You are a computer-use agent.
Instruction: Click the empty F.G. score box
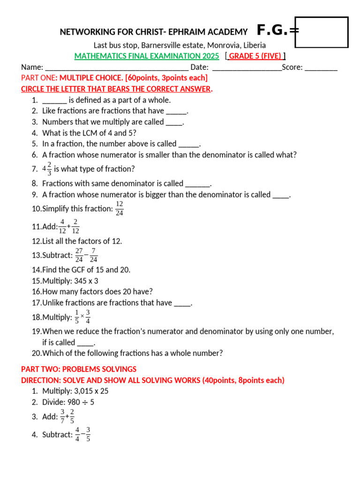pyautogui.click(x=322, y=32)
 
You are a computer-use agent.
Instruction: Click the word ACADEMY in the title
pyautogui.click(x=227, y=32)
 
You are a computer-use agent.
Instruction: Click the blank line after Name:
pyautogui.click(x=117, y=67)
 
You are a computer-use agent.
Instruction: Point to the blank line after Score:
pyautogui.click(x=321, y=67)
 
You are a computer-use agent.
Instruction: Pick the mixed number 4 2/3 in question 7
pyautogui.click(x=47, y=169)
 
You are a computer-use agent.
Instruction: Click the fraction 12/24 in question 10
pyautogui.click(x=120, y=209)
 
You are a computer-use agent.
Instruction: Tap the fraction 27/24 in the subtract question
pyautogui.click(x=79, y=255)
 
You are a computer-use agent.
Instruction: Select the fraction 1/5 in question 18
pyautogui.click(x=77, y=317)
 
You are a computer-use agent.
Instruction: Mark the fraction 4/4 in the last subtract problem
pyautogui.click(x=77, y=435)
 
